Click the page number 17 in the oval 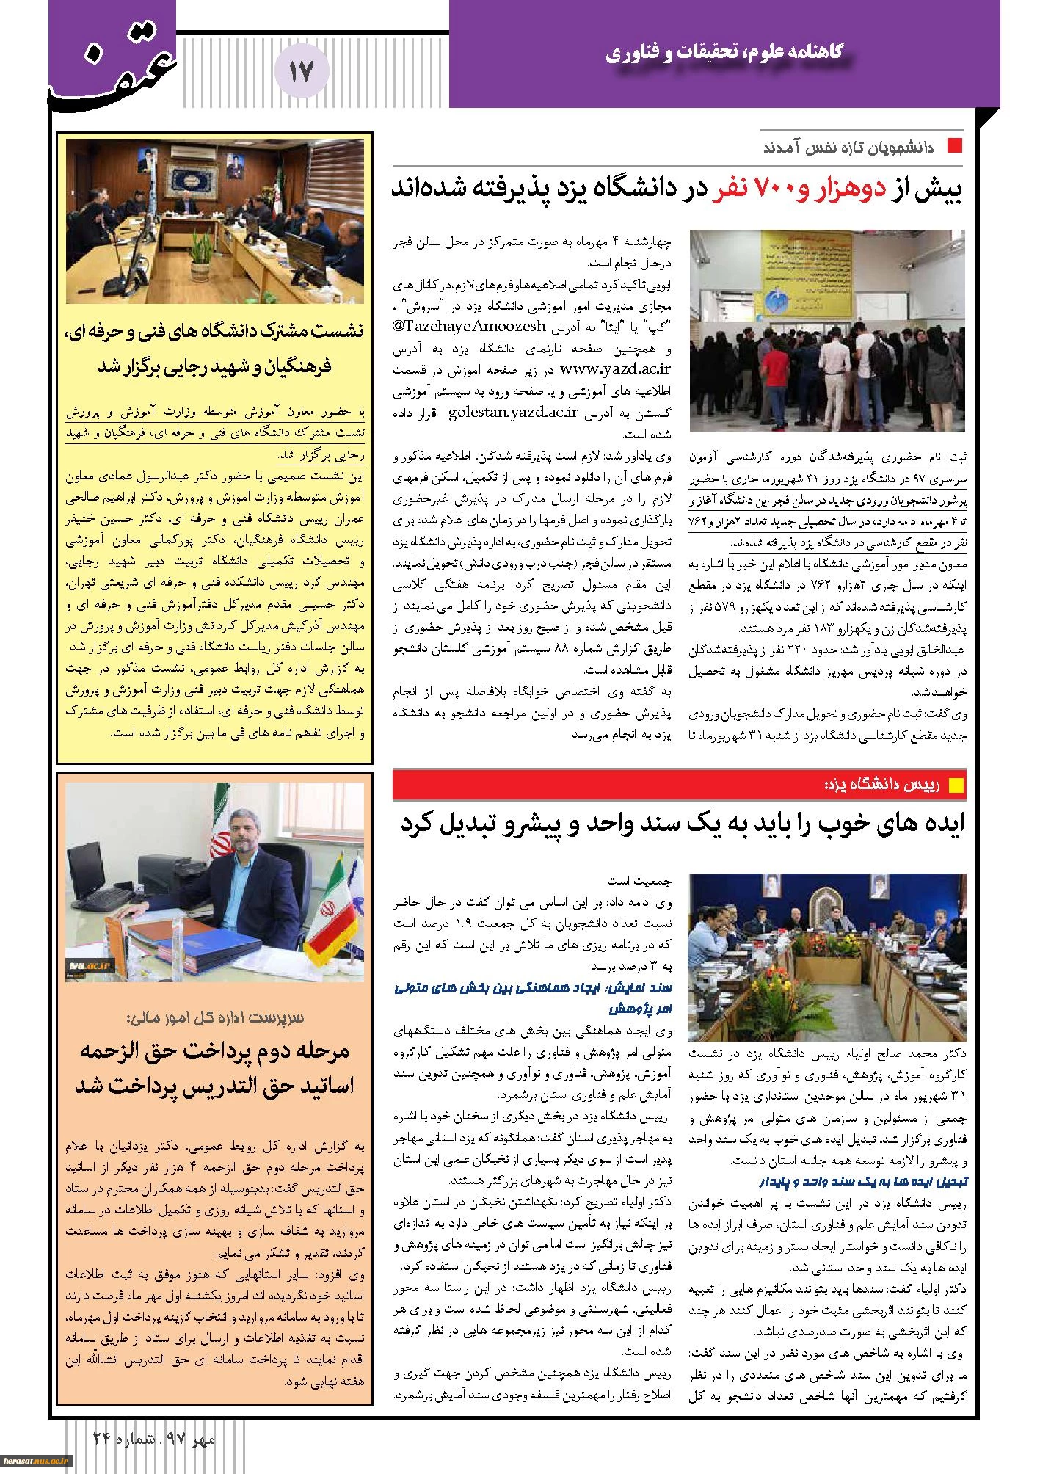(301, 71)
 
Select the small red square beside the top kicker (954, 145)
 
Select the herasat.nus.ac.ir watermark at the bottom (34, 1461)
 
